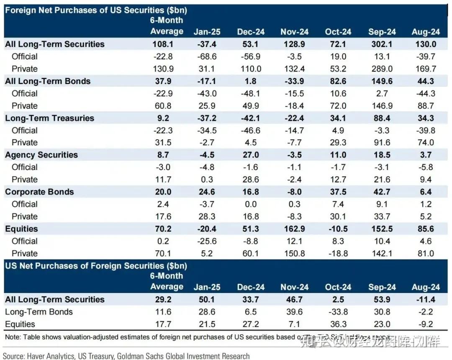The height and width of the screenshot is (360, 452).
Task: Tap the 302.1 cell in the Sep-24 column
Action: click(x=382, y=44)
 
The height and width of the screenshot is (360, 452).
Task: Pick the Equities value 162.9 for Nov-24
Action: click(x=294, y=229)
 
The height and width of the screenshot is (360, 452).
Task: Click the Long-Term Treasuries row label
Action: click(x=49, y=118)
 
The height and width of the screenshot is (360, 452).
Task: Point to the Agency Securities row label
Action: click(x=41, y=155)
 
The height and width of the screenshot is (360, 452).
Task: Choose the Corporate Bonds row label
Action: click(x=39, y=192)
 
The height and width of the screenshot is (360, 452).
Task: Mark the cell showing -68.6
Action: click(x=207, y=57)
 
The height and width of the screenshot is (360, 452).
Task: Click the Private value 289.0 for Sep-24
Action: click(x=382, y=69)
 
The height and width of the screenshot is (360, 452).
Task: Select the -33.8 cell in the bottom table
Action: click(x=338, y=312)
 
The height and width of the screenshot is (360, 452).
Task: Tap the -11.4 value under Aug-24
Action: click(x=426, y=300)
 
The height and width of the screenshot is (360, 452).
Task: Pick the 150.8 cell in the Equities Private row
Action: click(x=294, y=253)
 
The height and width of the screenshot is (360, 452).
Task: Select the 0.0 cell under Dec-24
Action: click(x=251, y=204)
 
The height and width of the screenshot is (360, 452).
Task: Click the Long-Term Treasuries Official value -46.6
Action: click(x=251, y=130)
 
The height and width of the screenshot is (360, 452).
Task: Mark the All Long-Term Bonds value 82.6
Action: click(x=338, y=81)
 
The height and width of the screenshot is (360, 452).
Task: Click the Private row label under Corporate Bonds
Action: click(x=25, y=216)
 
